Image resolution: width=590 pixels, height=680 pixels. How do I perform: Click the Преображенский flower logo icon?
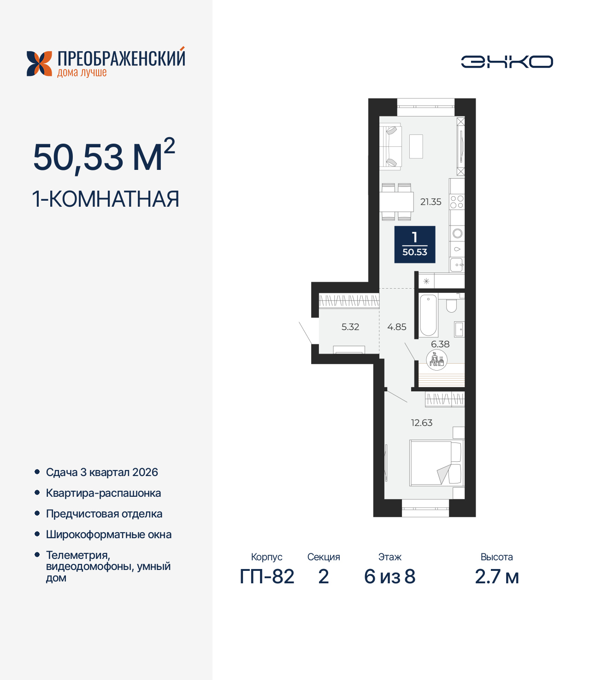click(x=40, y=64)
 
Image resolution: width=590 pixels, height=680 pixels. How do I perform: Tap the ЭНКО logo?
click(x=507, y=62)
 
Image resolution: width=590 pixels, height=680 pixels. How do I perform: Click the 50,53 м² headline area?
click(x=104, y=157)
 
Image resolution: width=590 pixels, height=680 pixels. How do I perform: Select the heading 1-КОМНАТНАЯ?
click(x=106, y=199)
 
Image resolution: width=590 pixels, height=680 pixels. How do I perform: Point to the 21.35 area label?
click(x=431, y=202)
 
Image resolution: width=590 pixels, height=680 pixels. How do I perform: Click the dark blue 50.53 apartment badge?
click(x=415, y=244)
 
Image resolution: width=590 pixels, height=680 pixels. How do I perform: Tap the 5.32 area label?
click(x=350, y=327)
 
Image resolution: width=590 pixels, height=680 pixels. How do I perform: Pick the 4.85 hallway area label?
click(x=397, y=327)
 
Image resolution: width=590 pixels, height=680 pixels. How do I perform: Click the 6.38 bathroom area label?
click(x=440, y=344)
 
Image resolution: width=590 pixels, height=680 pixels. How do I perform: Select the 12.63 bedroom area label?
click(x=422, y=423)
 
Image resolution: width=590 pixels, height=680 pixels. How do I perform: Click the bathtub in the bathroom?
click(x=428, y=315)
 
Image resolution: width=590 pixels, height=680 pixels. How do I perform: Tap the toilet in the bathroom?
click(x=451, y=306)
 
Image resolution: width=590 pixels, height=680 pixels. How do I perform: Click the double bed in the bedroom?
click(x=436, y=463)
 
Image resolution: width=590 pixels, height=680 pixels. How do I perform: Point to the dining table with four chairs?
click(x=396, y=202)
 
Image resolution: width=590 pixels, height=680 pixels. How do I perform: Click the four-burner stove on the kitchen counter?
click(x=457, y=202)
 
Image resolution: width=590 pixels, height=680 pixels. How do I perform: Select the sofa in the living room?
click(x=390, y=146)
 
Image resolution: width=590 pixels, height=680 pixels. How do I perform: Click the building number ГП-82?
click(x=267, y=576)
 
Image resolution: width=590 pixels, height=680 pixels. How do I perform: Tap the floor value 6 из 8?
click(x=389, y=576)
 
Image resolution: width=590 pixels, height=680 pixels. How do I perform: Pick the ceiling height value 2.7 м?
click(x=496, y=576)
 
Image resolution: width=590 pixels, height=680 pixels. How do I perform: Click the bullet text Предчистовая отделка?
click(x=104, y=514)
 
